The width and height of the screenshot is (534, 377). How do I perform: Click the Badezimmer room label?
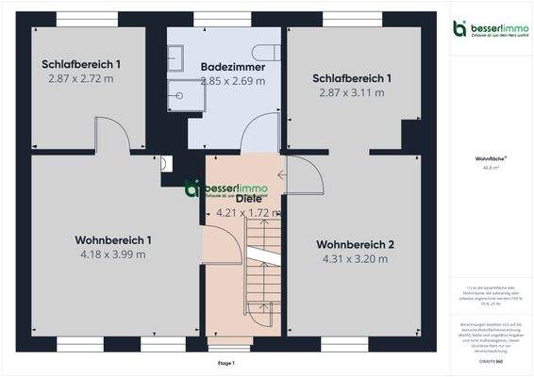pyautogui.click(x=233, y=67)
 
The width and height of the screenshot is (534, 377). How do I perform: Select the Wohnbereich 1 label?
pyautogui.click(x=113, y=239)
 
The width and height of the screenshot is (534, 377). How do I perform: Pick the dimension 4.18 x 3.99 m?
pyautogui.click(x=113, y=254)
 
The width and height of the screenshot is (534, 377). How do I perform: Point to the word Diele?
pyautogui.click(x=248, y=199)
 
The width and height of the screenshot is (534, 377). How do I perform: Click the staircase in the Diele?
pyautogui.click(x=263, y=273)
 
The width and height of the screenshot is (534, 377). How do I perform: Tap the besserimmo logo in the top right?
pyautogui.click(x=489, y=29)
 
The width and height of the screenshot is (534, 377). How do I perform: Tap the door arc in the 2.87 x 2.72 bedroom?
pyautogui.click(x=112, y=137)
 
